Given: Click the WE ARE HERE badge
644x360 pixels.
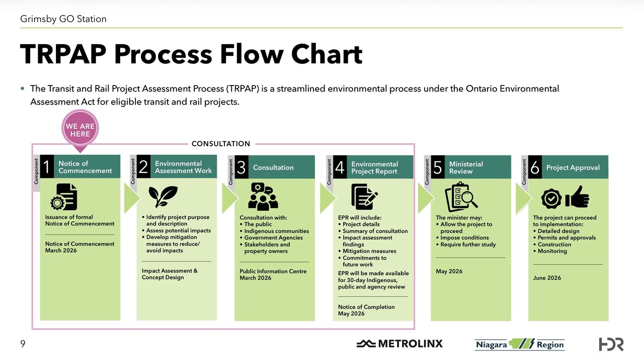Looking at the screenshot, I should click(80, 131).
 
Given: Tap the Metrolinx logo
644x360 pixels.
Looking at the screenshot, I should click(400, 344).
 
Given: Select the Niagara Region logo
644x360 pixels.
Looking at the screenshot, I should click(519, 344).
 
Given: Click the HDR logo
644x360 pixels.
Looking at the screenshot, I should click(611, 344).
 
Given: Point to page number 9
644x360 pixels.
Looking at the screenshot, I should click(23, 344).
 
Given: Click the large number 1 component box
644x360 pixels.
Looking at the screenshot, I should click(47, 167).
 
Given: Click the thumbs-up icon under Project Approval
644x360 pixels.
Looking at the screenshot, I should click(577, 197).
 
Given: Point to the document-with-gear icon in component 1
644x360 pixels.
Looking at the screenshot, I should click(64, 197).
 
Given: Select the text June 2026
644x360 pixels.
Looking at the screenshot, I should click(547, 278).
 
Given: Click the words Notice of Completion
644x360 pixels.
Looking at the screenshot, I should click(366, 307).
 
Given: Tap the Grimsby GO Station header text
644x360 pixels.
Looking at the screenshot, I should click(63, 19).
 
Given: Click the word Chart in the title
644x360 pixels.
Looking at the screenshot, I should click(321, 54).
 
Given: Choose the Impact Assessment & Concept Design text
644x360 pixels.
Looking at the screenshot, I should click(170, 274).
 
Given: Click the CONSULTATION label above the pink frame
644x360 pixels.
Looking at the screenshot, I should click(221, 144).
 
